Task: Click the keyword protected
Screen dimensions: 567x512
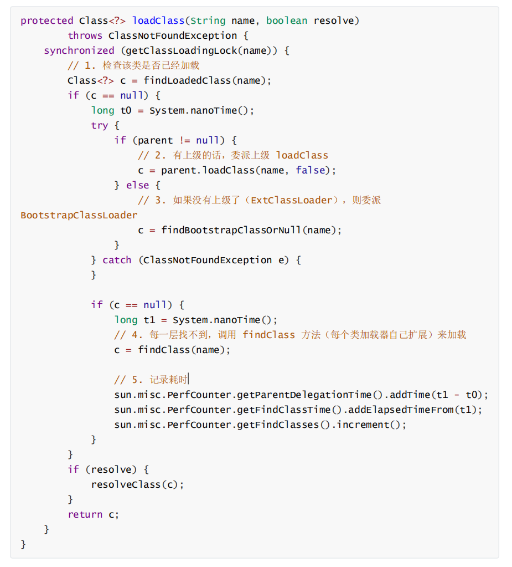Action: click(47, 21)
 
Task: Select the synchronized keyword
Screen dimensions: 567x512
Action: click(79, 50)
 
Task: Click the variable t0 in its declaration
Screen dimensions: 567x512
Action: click(126, 110)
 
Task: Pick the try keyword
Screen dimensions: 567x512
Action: click(100, 125)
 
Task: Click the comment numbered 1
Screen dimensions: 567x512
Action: click(133, 65)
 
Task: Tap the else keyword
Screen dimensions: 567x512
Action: click(137, 185)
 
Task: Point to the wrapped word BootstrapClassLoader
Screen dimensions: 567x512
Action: click(79, 215)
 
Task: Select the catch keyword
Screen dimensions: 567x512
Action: click(117, 260)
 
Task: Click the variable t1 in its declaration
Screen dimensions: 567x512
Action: click(149, 320)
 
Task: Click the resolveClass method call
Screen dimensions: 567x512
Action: click(126, 484)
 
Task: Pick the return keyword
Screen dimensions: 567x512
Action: click(85, 514)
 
